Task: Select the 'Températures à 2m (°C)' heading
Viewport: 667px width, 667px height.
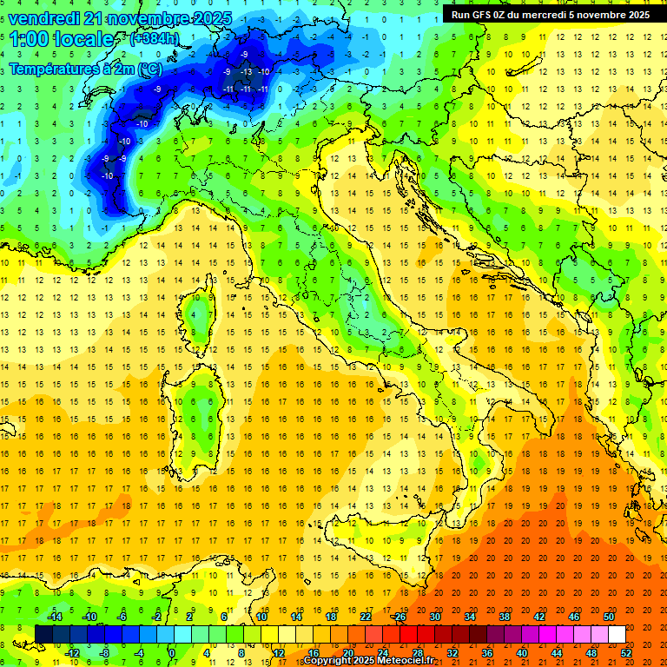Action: click(x=85, y=68)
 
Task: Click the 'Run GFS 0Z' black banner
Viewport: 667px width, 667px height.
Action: click(x=551, y=14)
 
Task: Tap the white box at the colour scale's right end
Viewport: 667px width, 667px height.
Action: click(x=617, y=634)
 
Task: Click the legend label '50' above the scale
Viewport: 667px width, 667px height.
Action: click(x=609, y=617)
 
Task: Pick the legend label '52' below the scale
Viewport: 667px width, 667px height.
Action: click(x=626, y=652)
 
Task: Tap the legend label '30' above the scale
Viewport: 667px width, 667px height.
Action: click(x=435, y=617)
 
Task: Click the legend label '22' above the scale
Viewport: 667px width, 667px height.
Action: click(x=366, y=617)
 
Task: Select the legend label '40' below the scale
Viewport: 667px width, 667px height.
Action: click(x=522, y=652)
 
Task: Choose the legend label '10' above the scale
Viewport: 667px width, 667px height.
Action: click(x=261, y=617)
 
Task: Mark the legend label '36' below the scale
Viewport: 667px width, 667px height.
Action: click(x=487, y=652)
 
